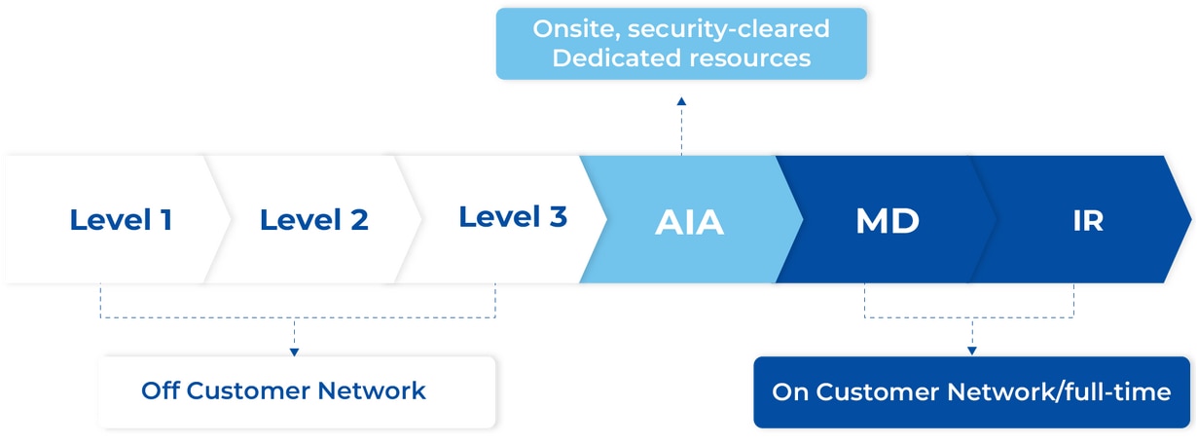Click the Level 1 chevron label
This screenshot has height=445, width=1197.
tap(121, 219)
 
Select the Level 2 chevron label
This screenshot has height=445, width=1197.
tap(313, 219)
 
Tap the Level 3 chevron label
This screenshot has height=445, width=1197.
tap(513, 216)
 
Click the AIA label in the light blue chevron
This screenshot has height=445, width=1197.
tap(689, 222)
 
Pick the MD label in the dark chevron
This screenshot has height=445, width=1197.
tap(888, 220)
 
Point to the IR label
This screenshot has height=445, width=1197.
tap(1088, 220)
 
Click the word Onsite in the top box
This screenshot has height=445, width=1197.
tap(576, 29)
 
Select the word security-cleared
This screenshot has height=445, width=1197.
tap(729, 29)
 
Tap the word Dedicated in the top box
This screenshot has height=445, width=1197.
tap(616, 57)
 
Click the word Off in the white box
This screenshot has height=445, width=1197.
tap(160, 390)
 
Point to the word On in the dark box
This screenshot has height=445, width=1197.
tap(790, 392)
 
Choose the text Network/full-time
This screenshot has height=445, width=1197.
tap(1059, 392)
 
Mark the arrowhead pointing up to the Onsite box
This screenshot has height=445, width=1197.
tap(681, 101)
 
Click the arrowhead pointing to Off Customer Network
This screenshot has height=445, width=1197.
tap(294, 352)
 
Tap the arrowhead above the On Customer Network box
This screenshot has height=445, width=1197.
tap(972, 351)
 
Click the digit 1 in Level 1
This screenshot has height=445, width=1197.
tap(166, 220)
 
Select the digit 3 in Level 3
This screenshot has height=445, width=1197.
tap(559, 216)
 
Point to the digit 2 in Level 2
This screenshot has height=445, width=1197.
tap(360, 220)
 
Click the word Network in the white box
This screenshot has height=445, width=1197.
tap(372, 390)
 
